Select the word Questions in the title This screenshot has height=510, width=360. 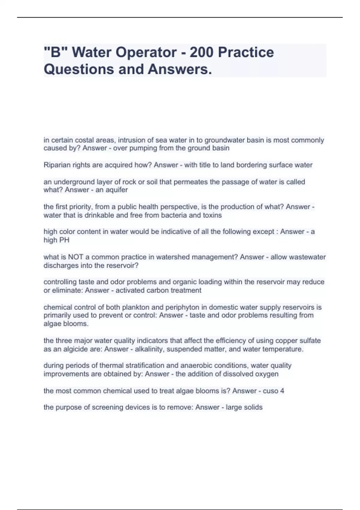79,69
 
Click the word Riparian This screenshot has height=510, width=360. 56,165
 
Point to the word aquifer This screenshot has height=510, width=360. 116,190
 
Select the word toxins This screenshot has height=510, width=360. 211,215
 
